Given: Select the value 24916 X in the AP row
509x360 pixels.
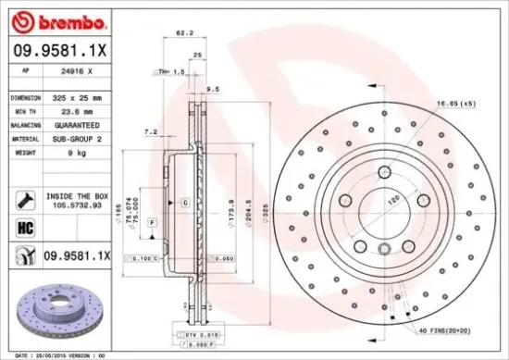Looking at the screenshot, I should [x=63, y=70].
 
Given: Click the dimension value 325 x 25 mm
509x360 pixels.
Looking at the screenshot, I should [x=74, y=96].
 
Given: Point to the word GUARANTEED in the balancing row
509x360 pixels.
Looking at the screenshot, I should [x=72, y=124].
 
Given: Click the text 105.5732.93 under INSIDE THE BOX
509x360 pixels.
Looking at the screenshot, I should [x=76, y=206].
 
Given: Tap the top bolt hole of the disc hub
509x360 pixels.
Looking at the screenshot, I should [x=383, y=171].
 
